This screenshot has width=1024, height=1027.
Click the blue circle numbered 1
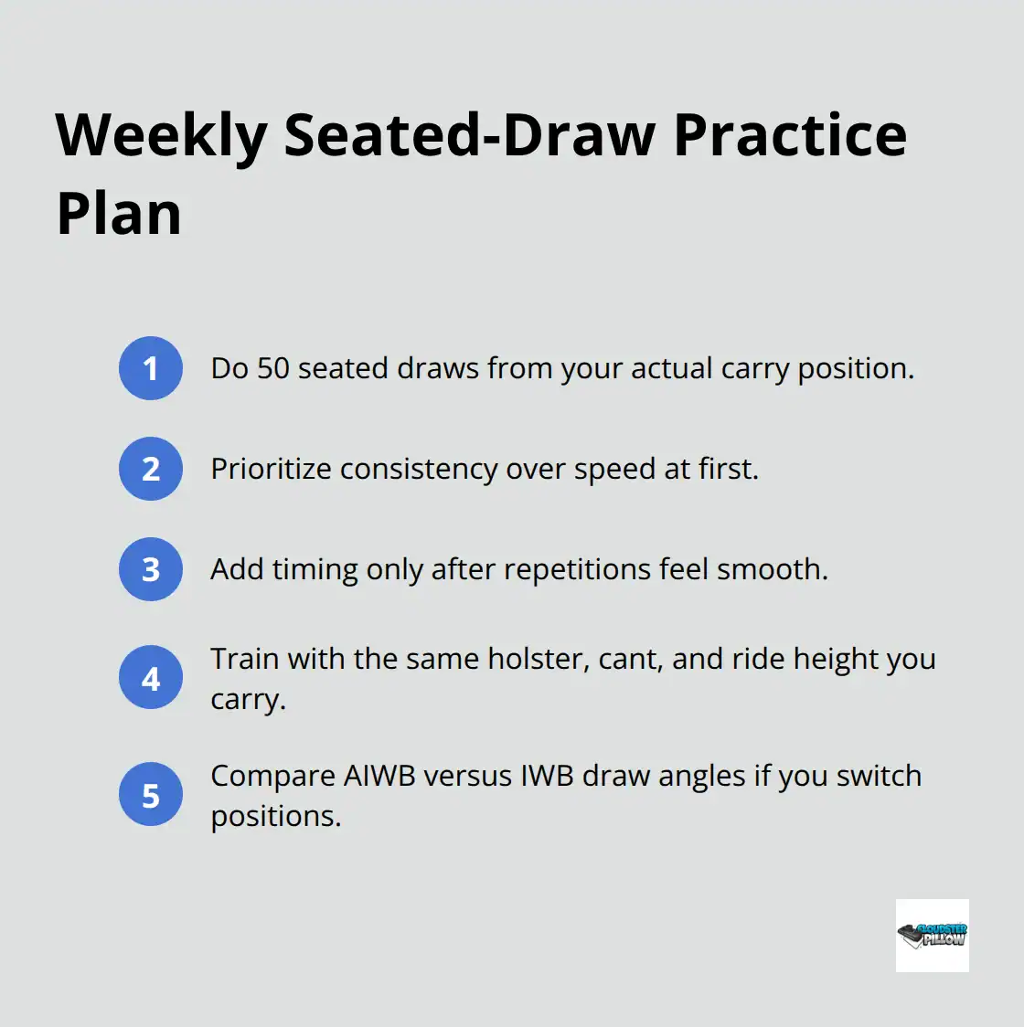pos(151,368)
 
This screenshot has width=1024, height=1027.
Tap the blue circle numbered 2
pos(151,469)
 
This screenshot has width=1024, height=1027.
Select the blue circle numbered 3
pos(151,569)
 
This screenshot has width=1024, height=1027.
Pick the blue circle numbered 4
pos(151,678)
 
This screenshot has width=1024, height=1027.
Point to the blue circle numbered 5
pos(151,795)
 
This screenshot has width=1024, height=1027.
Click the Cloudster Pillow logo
pos(932,935)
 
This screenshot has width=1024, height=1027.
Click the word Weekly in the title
pos(161,135)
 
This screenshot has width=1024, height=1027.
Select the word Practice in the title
pos(790,135)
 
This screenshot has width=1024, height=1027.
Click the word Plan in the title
pos(119,215)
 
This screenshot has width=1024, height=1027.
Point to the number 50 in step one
pos(273,368)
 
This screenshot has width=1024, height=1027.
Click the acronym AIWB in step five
pos(379,776)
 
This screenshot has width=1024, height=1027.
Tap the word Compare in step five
pos(272,776)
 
